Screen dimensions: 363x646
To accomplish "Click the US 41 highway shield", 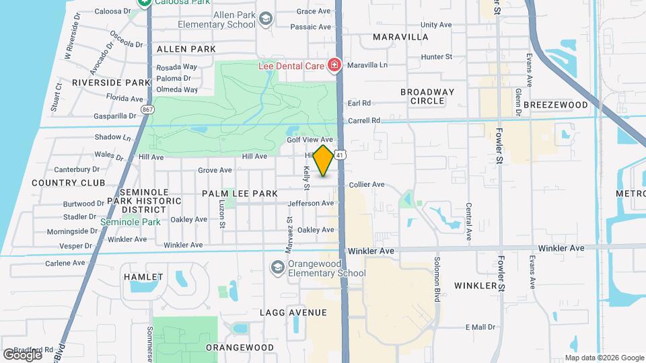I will pyautogui.click(x=341, y=155).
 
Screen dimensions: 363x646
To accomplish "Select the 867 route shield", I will pyautogui.click(x=147, y=109).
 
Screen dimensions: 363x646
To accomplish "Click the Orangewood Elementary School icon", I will pyautogui.click(x=277, y=268).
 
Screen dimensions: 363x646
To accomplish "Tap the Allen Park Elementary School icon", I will pyautogui.click(x=266, y=19).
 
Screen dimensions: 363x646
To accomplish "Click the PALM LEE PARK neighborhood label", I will pyautogui.click(x=240, y=194).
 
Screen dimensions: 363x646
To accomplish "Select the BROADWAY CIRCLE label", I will pyautogui.click(x=427, y=96).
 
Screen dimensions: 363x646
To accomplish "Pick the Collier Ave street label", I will pyautogui.click(x=366, y=184).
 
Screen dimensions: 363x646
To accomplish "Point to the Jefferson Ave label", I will pyautogui.click(x=310, y=203).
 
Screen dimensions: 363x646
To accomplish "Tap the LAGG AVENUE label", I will pyautogui.click(x=293, y=313).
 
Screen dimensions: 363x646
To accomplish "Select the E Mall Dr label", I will pyautogui.click(x=480, y=327).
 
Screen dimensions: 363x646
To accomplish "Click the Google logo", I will pyautogui.click(x=22, y=354).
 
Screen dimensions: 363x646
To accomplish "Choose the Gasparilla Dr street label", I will pyautogui.click(x=114, y=116).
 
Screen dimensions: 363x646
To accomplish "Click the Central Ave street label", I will pyautogui.click(x=468, y=221).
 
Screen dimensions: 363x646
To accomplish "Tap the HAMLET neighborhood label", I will pyautogui.click(x=143, y=277).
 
